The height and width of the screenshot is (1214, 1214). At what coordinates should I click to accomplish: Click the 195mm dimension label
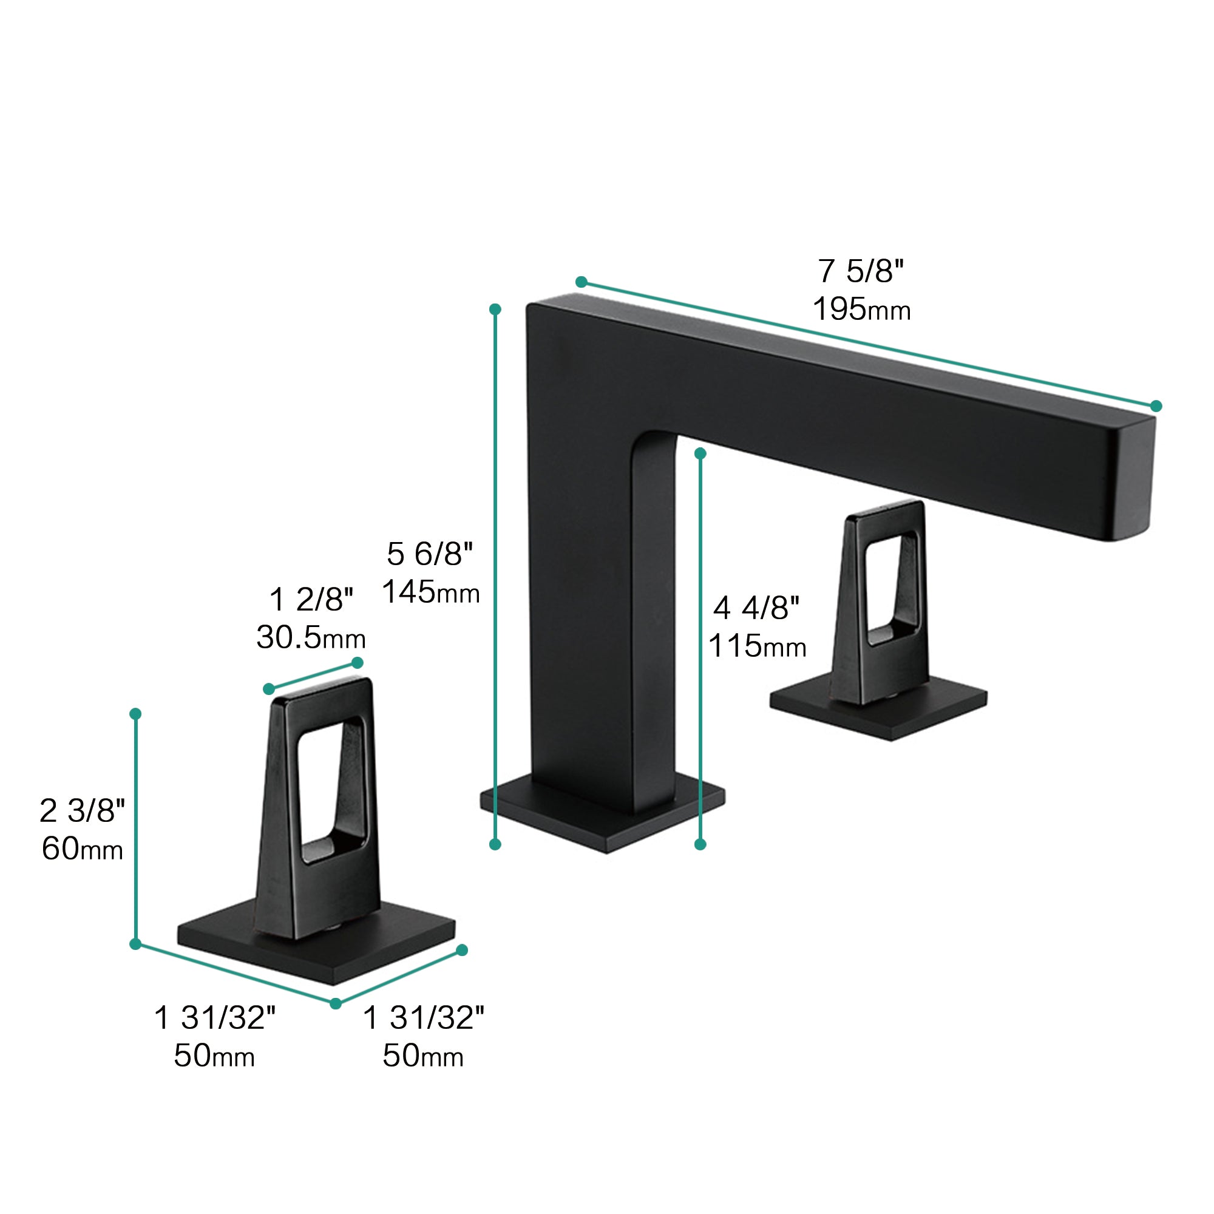click(861, 309)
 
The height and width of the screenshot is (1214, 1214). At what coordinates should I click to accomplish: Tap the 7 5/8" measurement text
click(860, 271)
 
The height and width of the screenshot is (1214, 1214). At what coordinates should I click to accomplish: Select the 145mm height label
click(430, 591)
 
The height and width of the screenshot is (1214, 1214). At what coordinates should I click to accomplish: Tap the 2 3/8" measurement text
click(83, 810)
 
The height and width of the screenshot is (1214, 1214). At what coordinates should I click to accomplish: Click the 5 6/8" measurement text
click(429, 554)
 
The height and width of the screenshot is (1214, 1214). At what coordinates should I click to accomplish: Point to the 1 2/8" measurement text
click(311, 600)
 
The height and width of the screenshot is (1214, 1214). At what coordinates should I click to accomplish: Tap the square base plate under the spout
click(603, 823)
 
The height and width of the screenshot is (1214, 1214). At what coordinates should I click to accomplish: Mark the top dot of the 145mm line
click(495, 309)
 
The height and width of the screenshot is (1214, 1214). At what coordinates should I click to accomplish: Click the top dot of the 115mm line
click(700, 453)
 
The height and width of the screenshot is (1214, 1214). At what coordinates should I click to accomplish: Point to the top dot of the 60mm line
click(135, 714)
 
